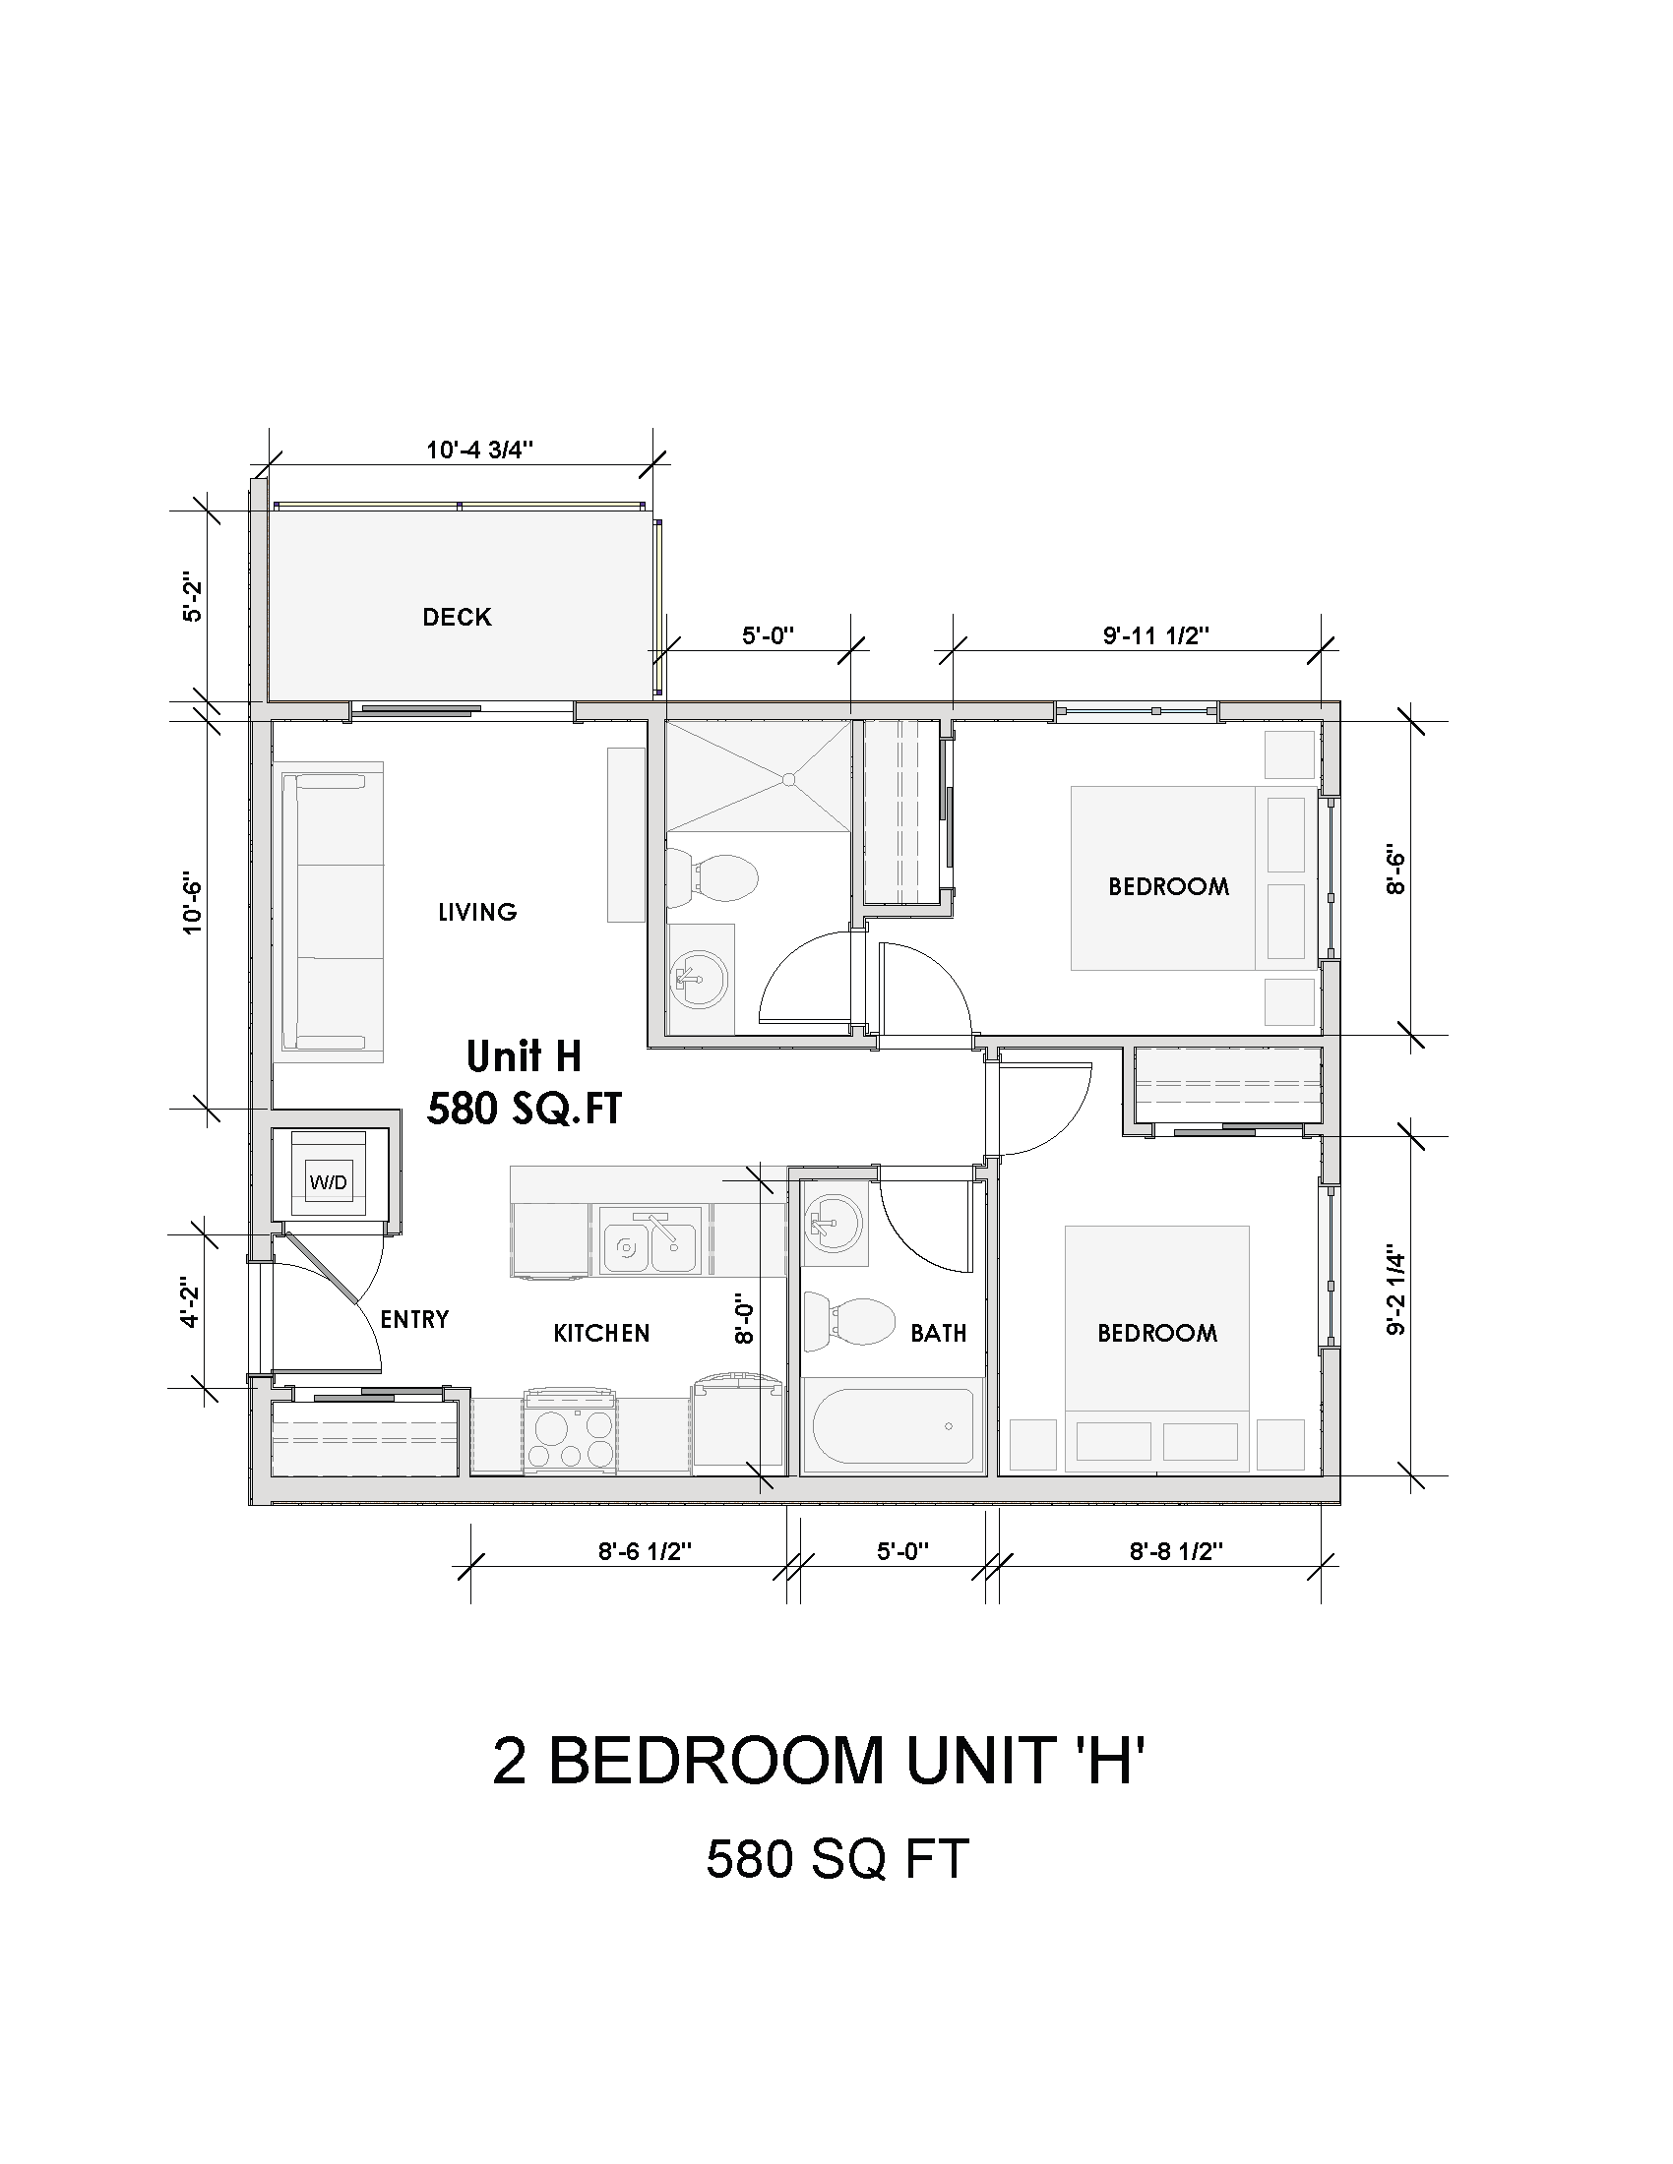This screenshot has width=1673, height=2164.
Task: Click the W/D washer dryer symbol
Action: pos(328,1182)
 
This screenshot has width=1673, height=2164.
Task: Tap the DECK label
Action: pos(457,618)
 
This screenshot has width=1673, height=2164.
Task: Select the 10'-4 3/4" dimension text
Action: pos(479,450)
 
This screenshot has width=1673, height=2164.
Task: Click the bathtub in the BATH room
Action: pos(892,1427)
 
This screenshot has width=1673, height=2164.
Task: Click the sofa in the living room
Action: pos(332,913)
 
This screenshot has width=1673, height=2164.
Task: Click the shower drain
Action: pos(789,780)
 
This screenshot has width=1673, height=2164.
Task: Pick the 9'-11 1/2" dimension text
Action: pos(1155,635)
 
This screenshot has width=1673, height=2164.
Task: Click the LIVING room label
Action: pos(477,912)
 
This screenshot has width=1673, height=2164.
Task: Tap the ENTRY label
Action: pos(414,1319)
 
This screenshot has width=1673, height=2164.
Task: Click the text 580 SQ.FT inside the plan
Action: pos(525,1109)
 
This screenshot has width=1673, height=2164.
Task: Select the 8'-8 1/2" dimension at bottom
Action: pos(1175,1551)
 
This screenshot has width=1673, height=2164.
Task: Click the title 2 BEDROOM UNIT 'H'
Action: pos(819,1761)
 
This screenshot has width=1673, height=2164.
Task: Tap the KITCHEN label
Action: pos(601,1333)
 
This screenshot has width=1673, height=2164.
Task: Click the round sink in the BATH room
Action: pos(834,1223)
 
